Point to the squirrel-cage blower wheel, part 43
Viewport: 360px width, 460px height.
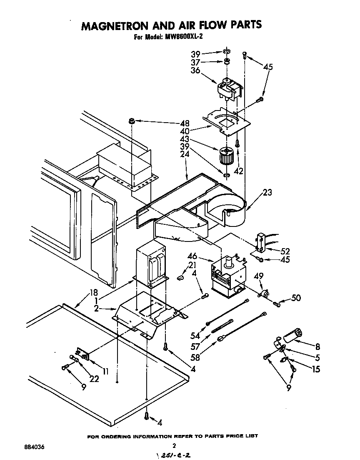coord(225,156)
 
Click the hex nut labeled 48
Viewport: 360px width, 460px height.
coord(132,121)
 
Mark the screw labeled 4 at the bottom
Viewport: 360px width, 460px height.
coord(147,415)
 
